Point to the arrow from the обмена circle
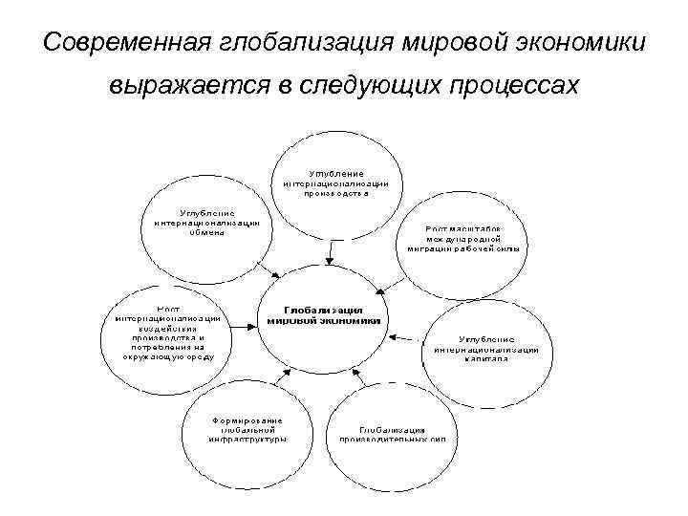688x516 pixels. [269, 268]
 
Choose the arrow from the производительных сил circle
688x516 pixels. [362, 378]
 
